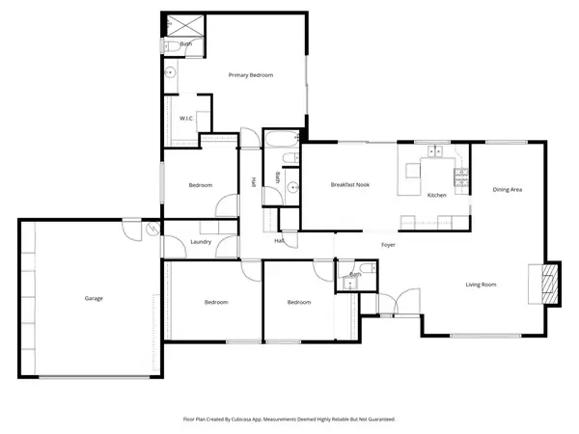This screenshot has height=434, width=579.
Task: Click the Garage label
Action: [x=93, y=298]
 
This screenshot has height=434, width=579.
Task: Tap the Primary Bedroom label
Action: [x=250, y=75]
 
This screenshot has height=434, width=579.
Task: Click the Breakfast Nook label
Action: [x=351, y=184]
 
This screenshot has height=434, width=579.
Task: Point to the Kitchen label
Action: [x=436, y=196]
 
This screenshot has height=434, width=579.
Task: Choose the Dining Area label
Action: [x=508, y=190]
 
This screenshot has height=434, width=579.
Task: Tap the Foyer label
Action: [x=389, y=245]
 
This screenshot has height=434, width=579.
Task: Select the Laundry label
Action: [x=203, y=242]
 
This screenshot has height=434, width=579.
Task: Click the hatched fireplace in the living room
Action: [x=548, y=284]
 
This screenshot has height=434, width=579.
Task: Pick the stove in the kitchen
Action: [x=462, y=177]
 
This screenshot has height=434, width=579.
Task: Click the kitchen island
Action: [x=415, y=172]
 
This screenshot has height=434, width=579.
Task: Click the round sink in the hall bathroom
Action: [x=287, y=189]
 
